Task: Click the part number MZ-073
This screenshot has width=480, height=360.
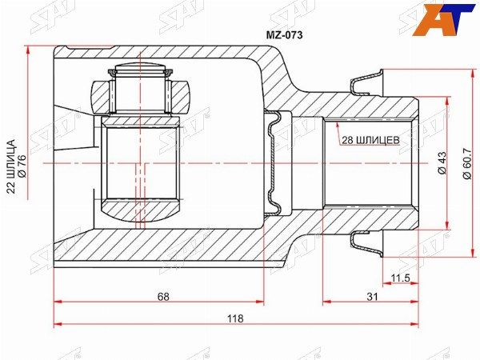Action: pyautogui.click(x=284, y=35)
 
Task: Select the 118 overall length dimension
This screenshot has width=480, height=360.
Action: pyautogui.click(x=235, y=318)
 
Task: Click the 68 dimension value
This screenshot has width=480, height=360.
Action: pyautogui.click(x=163, y=296)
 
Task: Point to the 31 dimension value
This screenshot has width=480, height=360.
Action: pyautogui.click(x=372, y=296)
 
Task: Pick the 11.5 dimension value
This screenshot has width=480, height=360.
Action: pyautogui.click(x=401, y=278)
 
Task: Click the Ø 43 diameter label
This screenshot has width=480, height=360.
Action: pyautogui.click(x=442, y=162)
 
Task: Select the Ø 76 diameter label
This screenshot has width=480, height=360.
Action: pyautogui.click(x=22, y=166)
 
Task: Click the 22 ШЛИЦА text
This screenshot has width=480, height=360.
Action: pyautogui.click(x=11, y=166)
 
